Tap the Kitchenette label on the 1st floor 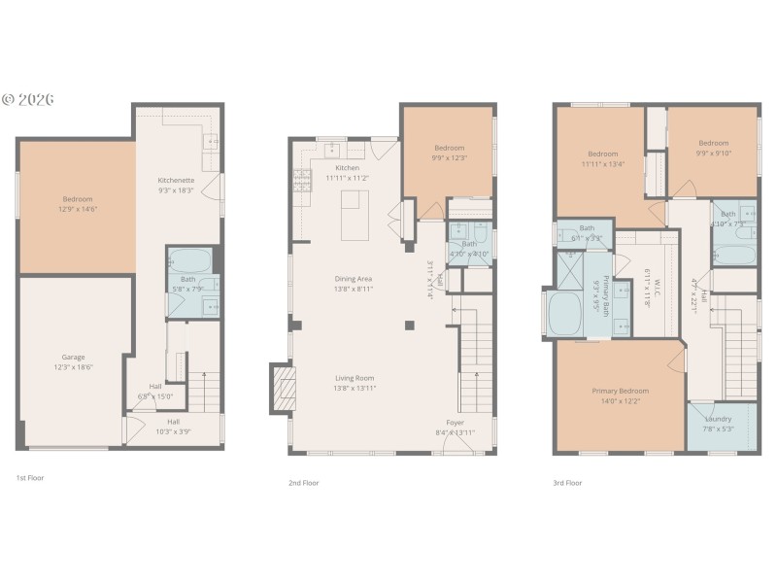tap(177, 180)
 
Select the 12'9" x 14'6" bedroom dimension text tap(77, 209)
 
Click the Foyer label tap(455, 423)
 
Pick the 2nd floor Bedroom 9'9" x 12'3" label tap(449, 147)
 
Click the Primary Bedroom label tap(620, 391)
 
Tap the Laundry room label tap(718, 419)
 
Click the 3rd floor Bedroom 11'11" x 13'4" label tap(602, 154)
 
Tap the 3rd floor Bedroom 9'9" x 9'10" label tap(712, 143)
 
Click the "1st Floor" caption tap(29, 478)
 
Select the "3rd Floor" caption tap(566, 483)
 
